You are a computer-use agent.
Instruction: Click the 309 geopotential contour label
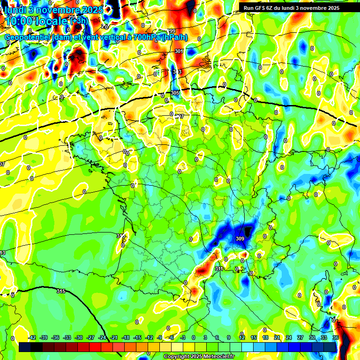tap(240, 239)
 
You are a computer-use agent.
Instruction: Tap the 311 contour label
tap(219, 269)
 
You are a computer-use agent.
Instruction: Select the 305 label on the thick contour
tap(175, 93)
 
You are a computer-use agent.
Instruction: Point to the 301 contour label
tap(179, 51)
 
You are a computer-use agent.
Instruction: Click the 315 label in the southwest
tap(61, 291)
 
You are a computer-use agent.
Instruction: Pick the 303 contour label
tap(177, 71)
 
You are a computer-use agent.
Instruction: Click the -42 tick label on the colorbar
tap(32, 337)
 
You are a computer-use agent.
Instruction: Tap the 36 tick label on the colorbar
tap(336, 337)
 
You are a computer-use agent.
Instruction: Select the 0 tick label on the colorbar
tap(194, 337)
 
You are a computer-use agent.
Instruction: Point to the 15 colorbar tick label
tap(254, 337)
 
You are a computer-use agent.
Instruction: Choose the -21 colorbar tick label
tap(114, 337)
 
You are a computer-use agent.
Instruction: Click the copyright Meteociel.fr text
tap(199, 357)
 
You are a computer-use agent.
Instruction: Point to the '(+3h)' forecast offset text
tap(78, 21)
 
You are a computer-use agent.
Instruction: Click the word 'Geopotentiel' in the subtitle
tap(28, 37)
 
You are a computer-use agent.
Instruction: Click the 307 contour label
tap(180, 116)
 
